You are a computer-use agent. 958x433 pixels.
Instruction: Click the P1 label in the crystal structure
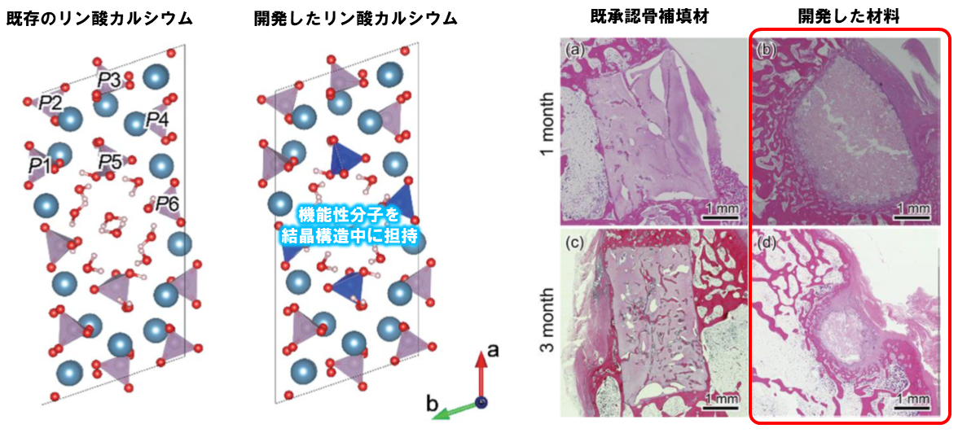[38, 165]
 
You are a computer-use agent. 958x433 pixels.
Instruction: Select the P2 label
[50, 104]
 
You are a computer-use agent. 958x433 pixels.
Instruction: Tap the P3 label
[109, 80]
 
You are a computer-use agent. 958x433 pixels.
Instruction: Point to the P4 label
[156, 120]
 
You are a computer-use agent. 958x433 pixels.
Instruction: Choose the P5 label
[110, 163]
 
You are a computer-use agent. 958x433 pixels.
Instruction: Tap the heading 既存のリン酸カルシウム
[99, 19]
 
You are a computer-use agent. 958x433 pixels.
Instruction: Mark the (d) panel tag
[766, 244]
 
